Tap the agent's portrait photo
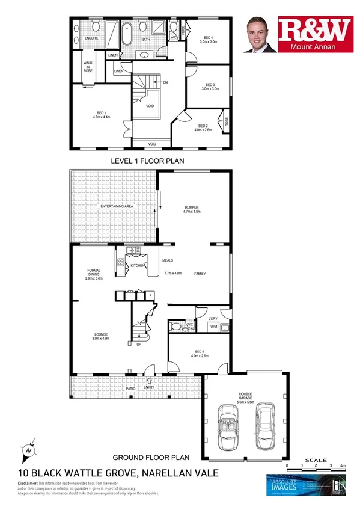click(x=259, y=35)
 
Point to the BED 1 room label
click(x=101, y=114)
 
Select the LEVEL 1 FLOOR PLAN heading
click(x=147, y=161)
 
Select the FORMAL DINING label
click(x=94, y=277)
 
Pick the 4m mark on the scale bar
click(x=344, y=467)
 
